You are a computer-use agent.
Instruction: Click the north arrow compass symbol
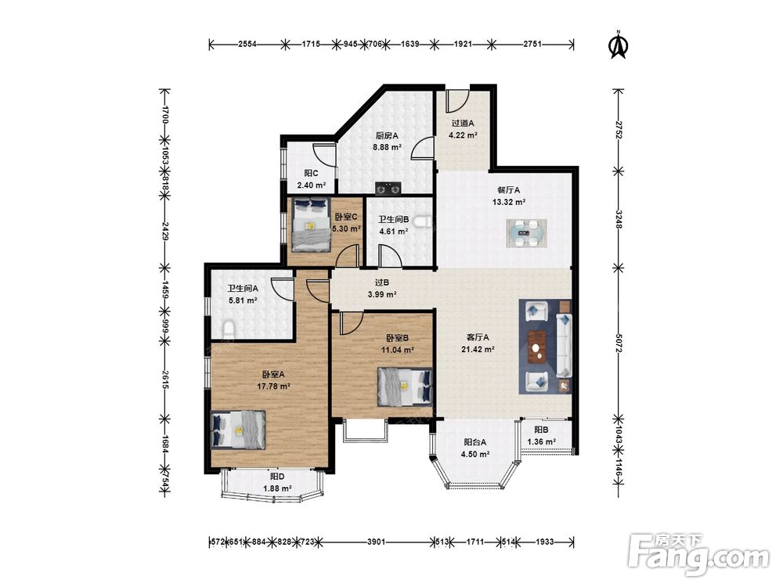619,45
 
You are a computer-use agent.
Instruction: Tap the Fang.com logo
698,555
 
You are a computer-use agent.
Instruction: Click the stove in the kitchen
388,188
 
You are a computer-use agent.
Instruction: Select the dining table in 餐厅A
526,233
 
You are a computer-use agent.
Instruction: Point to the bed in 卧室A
238,429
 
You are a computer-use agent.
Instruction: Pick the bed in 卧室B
405,386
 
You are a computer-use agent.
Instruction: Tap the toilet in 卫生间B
424,221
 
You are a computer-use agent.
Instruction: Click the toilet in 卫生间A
228,330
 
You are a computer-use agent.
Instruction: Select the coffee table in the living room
537,346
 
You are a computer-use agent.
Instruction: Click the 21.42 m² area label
478,349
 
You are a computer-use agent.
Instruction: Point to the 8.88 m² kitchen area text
388,147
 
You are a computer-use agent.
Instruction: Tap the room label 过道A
463,124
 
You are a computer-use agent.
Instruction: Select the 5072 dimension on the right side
619,343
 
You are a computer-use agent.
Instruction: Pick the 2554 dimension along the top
247,44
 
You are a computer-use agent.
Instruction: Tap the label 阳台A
475,442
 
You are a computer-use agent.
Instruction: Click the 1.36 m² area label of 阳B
541,441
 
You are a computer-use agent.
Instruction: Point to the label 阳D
277,477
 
